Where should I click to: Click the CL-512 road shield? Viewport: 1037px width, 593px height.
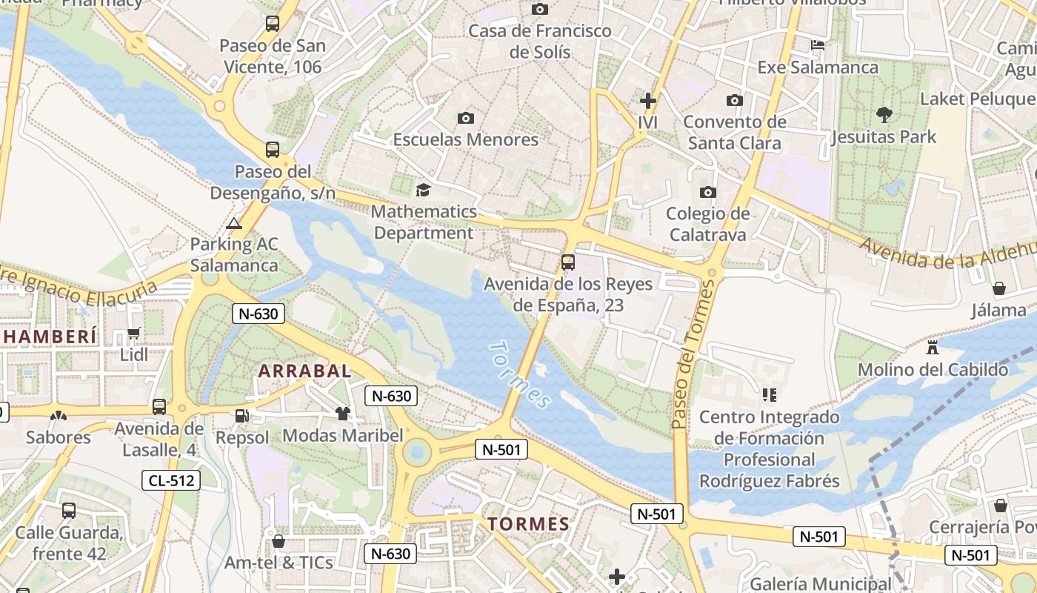(171, 480)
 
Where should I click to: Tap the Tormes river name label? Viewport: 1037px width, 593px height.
(521, 374)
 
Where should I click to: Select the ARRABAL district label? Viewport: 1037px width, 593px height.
(304, 371)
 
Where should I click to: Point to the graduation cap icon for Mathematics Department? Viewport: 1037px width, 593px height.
(423, 191)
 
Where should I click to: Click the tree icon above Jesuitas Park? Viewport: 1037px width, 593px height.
(884, 115)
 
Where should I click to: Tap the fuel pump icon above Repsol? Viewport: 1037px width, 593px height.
(241, 417)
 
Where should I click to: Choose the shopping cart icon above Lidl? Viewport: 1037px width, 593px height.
(134, 334)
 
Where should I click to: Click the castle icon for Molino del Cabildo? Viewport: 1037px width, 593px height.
(933, 348)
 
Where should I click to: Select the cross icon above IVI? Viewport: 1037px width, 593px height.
(648, 101)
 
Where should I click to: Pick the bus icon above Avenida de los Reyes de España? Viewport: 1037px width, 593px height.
(568, 262)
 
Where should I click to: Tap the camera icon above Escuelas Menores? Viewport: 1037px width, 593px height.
(466, 118)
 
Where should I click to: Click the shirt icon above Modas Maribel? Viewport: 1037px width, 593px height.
(342, 414)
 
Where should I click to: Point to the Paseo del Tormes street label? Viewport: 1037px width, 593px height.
(689, 356)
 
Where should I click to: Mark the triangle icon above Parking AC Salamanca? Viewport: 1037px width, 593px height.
(234, 223)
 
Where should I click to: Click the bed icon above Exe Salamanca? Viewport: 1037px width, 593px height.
(818, 45)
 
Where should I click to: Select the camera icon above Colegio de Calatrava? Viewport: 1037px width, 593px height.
(708, 193)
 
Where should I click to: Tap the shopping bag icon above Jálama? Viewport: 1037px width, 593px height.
(999, 288)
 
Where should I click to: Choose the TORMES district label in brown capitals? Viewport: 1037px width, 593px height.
(528, 524)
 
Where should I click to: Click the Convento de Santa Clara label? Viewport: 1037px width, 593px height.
(735, 132)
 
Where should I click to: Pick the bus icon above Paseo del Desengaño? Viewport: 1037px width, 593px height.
(273, 150)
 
